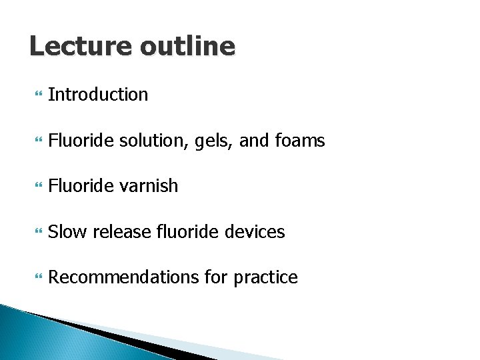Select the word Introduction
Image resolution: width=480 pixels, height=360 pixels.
point(98,95)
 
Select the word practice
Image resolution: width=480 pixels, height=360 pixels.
point(265,277)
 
